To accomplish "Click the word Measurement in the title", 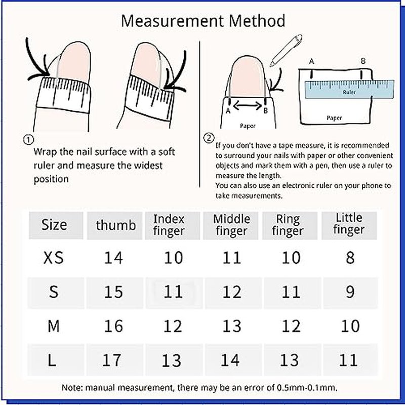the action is pyautogui.click(x=172, y=21).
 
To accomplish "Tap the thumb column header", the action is pyautogui.click(x=116, y=225).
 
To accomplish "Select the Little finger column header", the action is pyautogui.click(x=349, y=224).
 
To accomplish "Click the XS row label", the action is pyautogui.click(x=53, y=258).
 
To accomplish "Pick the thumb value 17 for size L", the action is pyautogui.click(x=111, y=360).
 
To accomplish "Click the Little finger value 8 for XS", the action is pyautogui.click(x=350, y=258).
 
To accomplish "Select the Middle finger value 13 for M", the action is pyautogui.click(x=232, y=326).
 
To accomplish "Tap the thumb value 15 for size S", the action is pyautogui.click(x=113, y=292).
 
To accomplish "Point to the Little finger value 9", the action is pyautogui.click(x=350, y=292).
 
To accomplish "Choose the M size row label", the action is pyautogui.click(x=54, y=326).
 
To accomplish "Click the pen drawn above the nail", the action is pyautogui.click(x=286, y=50).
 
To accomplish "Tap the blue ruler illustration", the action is pyautogui.click(x=349, y=89).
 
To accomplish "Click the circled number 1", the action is pyautogui.click(x=28, y=140).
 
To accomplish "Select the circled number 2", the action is pyautogui.click(x=209, y=138).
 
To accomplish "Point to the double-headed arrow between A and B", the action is pyautogui.click(x=247, y=105).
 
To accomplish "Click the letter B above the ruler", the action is pyautogui.click(x=363, y=61).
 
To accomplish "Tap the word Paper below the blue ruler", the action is pyautogui.click(x=334, y=118).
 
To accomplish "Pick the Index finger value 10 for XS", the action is pyautogui.click(x=173, y=258).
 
